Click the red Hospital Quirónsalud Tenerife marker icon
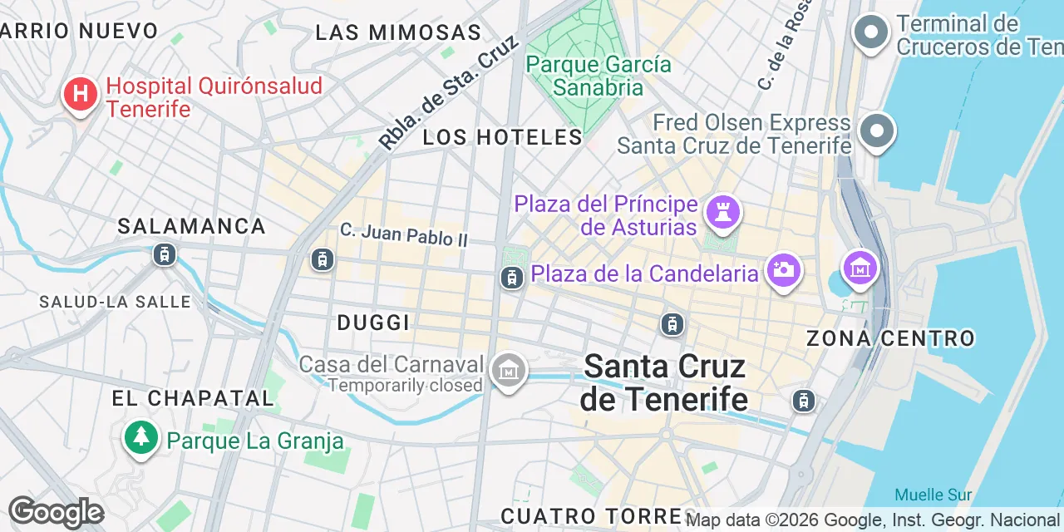[x=80, y=94]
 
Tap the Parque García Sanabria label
[x=598, y=76]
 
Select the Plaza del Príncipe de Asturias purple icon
[x=722, y=212]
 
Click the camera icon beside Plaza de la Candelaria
[x=783, y=270]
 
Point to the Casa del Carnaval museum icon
[x=508, y=370]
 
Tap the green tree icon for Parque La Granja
[x=141, y=436]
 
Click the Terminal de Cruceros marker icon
[x=872, y=33]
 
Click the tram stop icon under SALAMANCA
[x=165, y=254]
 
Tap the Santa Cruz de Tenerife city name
[x=664, y=382]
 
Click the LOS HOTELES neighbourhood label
[x=502, y=137]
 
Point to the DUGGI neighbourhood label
[x=373, y=323]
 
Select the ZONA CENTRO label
[x=890, y=338]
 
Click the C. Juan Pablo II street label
[x=404, y=234]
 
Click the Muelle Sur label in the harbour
[x=933, y=495]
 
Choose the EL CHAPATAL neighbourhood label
[x=193, y=398]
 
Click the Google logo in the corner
[x=55, y=512]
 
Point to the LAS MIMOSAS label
[x=398, y=32]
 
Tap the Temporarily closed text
[x=405, y=385]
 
